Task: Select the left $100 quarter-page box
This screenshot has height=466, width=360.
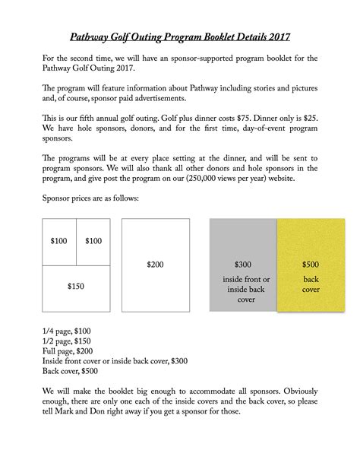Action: [x=59, y=241]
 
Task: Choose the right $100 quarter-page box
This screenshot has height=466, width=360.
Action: [x=93, y=241]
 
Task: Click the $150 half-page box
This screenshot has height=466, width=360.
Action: [x=76, y=287]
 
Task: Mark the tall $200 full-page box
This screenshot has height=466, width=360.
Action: [x=155, y=264]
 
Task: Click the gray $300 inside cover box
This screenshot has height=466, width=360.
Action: [x=242, y=264]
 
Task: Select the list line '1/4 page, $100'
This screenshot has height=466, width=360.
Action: [x=67, y=331]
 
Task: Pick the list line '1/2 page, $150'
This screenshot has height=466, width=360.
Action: [x=67, y=341]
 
